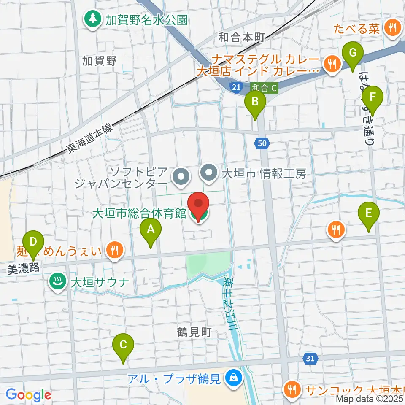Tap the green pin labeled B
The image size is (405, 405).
255,102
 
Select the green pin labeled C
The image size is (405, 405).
123,345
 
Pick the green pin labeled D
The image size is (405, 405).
33,243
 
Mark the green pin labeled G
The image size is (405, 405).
352,54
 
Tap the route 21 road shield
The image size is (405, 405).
236,87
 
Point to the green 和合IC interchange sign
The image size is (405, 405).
264,88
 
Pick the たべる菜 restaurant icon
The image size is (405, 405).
392,28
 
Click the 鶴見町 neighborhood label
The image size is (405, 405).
194,332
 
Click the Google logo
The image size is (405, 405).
28,395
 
